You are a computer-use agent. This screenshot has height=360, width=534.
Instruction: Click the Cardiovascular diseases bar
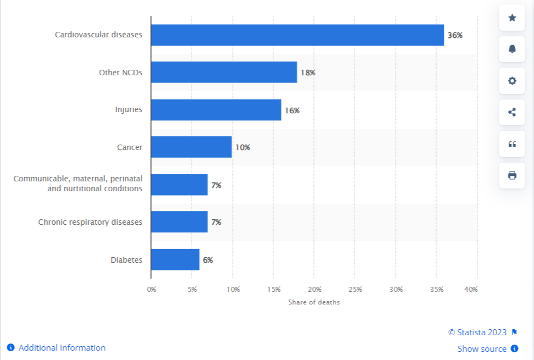point(297,35)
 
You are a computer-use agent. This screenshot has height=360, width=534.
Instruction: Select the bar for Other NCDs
point(224,73)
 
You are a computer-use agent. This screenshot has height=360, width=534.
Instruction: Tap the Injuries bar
point(216,110)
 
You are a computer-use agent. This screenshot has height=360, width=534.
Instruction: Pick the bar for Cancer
point(191,147)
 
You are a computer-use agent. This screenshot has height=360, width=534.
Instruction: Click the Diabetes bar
point(175,259)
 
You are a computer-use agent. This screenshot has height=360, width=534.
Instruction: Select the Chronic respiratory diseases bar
point(179,222)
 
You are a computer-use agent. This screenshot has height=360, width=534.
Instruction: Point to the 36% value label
point(455,35)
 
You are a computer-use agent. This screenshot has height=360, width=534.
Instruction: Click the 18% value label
point(307,73)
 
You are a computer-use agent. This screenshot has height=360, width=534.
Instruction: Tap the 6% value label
point(208,259)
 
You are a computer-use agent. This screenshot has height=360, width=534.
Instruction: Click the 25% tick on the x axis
point(355,289)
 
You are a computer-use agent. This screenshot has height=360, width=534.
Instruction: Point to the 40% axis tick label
point(471,289)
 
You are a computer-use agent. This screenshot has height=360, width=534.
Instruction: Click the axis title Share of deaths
point(314,302)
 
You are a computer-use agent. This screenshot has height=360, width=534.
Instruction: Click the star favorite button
point(512,18)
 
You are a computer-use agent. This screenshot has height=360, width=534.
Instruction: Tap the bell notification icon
point(512,49)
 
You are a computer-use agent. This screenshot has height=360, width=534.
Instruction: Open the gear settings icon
point(512,81)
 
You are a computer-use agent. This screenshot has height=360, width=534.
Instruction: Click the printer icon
point(512,175)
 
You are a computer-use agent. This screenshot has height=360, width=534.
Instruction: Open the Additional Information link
point(62,347)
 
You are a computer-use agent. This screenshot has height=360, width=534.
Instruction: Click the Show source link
point(482,348)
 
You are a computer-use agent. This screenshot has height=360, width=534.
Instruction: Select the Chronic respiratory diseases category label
point(90,222)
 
